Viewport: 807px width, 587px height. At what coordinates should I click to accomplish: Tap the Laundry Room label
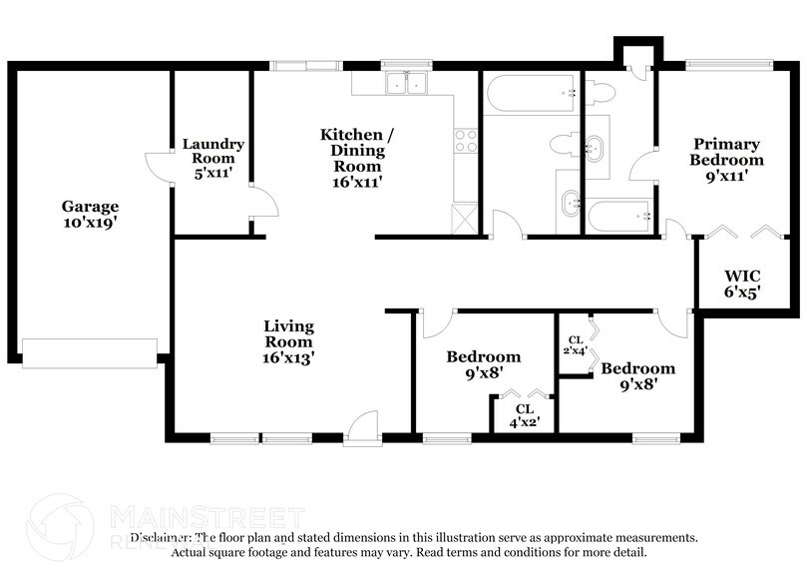point(212,158)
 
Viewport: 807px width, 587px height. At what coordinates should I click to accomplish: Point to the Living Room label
point(288,340)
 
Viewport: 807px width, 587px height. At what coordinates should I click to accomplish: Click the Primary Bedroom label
point(727,159)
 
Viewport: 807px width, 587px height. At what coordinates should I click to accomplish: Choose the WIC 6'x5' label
point(743,284)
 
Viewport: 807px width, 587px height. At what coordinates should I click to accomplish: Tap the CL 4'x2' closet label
point(524,414)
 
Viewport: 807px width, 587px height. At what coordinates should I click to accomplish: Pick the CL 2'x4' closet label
point(577,345)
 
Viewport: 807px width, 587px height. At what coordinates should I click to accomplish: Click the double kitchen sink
point(406,85)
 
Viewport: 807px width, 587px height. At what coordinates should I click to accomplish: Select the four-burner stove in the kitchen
point(466,141)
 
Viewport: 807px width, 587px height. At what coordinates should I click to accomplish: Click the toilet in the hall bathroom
point(565,145)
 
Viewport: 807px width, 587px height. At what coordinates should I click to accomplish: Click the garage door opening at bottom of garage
point(90,351)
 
